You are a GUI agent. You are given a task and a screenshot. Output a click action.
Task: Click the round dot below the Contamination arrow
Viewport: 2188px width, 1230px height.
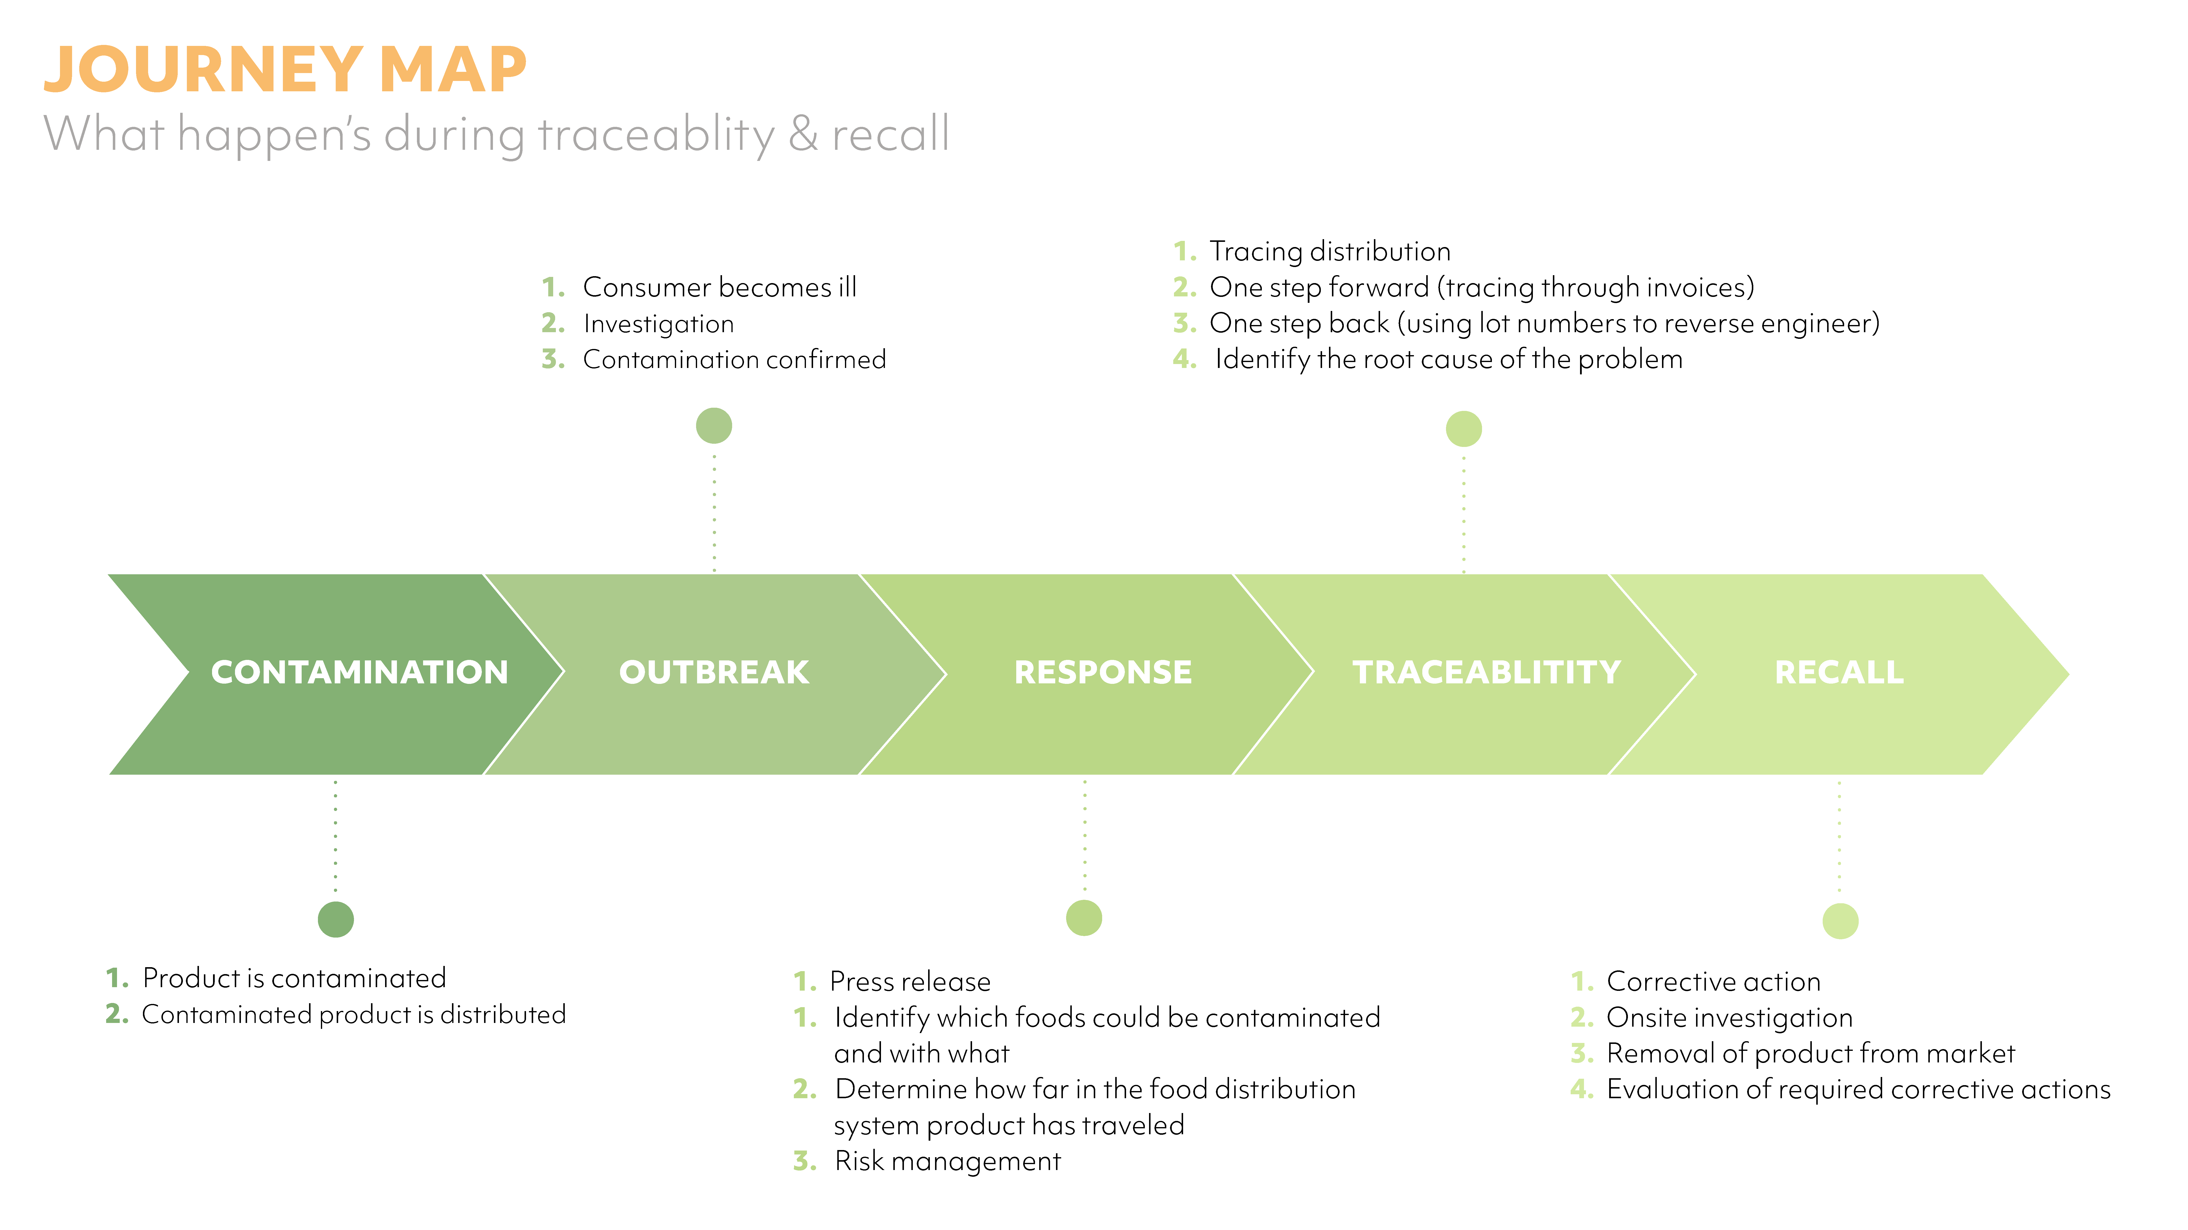pos(335,919)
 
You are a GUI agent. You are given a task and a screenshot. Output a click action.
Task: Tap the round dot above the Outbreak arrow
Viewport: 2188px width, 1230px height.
pos(713,425)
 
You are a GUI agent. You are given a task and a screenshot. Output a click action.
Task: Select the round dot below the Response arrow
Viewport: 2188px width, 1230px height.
pos(1084,917)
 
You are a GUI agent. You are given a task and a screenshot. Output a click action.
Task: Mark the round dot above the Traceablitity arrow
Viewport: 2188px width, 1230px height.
pos(1464,429)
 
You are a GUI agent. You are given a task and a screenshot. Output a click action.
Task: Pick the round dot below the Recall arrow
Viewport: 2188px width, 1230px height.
pos(1840,921)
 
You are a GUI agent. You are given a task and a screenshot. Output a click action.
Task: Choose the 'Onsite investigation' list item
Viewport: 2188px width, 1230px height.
pos(1729,1018)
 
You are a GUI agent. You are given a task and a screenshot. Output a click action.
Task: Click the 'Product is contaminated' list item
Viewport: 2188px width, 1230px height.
pos(294,979)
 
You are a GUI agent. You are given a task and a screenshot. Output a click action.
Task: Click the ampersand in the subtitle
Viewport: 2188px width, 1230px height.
pos(803,134)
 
